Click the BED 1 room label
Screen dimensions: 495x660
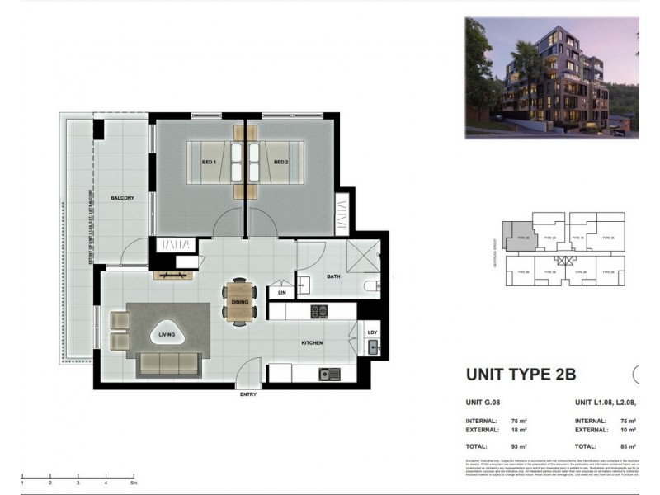coord(209,163)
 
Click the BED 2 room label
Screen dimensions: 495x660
coord(280,163)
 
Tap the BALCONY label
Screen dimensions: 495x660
coord(122,199)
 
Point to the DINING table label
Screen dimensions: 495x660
coord(240,302)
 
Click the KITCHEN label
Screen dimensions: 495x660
coord(311,342)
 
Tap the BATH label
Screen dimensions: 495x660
coord(333,277)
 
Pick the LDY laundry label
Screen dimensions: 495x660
coord(373,332)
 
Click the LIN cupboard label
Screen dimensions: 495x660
coord(281,293)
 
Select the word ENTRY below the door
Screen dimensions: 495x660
coord(248,395)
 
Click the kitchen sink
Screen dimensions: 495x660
coord(328,375)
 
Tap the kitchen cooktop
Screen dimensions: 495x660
coord(319,311)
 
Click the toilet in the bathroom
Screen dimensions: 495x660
coord(371,286)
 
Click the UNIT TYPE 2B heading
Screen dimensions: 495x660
coord(521,375)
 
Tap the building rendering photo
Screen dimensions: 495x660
coord(551,77)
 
